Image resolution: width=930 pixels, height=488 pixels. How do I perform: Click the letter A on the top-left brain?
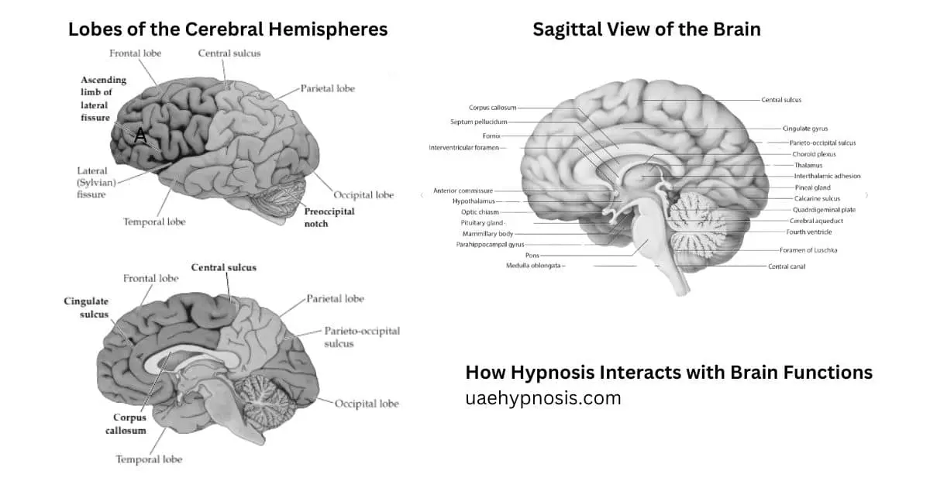click(141, 136)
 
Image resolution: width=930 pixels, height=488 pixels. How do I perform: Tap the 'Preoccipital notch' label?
click(329, 218)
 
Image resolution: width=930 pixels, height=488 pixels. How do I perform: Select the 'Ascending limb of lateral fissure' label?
click(103, 99)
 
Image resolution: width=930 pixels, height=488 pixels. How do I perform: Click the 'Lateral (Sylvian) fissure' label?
click(96, 183)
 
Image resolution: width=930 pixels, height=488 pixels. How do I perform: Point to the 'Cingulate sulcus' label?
click(86, 308)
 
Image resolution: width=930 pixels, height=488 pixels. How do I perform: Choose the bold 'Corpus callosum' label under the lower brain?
click(126, 424)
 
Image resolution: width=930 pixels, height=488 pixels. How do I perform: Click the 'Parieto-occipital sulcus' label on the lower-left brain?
click(362, 337)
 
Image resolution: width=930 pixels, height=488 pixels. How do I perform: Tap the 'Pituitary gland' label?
click(481, 223)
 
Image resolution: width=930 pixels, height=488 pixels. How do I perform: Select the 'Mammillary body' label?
click(487, 234)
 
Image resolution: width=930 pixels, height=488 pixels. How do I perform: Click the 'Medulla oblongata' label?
click(533, 266)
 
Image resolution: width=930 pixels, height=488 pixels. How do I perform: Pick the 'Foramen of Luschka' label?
click(808, 250)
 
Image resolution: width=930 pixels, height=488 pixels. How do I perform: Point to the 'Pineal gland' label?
click(812, 187)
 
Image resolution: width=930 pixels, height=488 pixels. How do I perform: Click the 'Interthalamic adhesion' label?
click(827, 176)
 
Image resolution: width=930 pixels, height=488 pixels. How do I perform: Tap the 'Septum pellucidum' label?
click(479, 122)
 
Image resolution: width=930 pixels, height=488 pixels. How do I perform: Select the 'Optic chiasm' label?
click(480, 212)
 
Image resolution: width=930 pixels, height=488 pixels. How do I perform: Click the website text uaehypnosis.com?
click(543, 398)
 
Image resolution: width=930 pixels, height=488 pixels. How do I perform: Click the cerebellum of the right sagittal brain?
click(697, 224)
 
